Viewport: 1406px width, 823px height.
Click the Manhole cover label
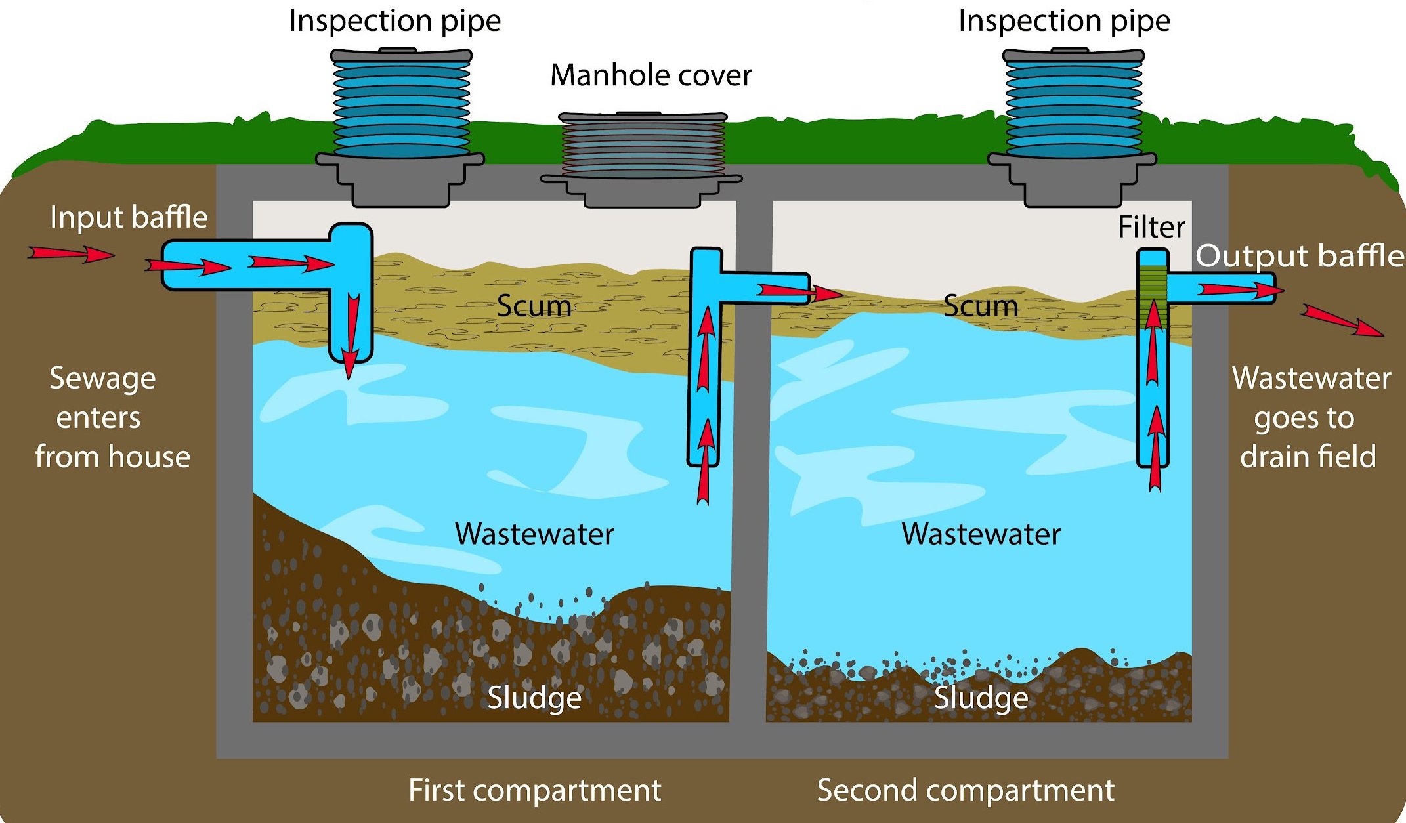[x=650, y=75]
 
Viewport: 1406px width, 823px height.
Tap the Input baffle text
[x=129, y=217]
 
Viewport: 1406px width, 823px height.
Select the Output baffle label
[x=1300, y=255]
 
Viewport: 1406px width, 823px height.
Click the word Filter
[x=1151, y=227]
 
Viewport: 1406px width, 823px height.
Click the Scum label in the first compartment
[x=534, y=306]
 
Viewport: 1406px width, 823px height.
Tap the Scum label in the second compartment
[x=981, y=306]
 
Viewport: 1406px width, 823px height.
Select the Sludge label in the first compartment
[x=534, y=698]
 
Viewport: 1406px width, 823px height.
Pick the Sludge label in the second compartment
[x=981, y=698]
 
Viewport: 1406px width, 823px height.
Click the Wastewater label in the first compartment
[x=534, y=534]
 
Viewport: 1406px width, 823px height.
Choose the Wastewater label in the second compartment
[x=981, y=534]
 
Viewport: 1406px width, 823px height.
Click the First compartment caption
[x=534, y=790]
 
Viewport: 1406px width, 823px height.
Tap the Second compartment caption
[x=965, y=790]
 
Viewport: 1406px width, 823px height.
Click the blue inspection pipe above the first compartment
[x=402, y=105]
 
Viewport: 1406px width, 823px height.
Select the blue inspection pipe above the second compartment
[x=1074, y=105]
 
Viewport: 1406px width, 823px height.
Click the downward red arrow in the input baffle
[x=352, y=335]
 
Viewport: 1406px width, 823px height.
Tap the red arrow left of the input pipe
[x=71, y=253]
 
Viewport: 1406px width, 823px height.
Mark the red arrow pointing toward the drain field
[x=1342, y=320]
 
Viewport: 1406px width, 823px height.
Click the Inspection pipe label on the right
[x=1064, y=21]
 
